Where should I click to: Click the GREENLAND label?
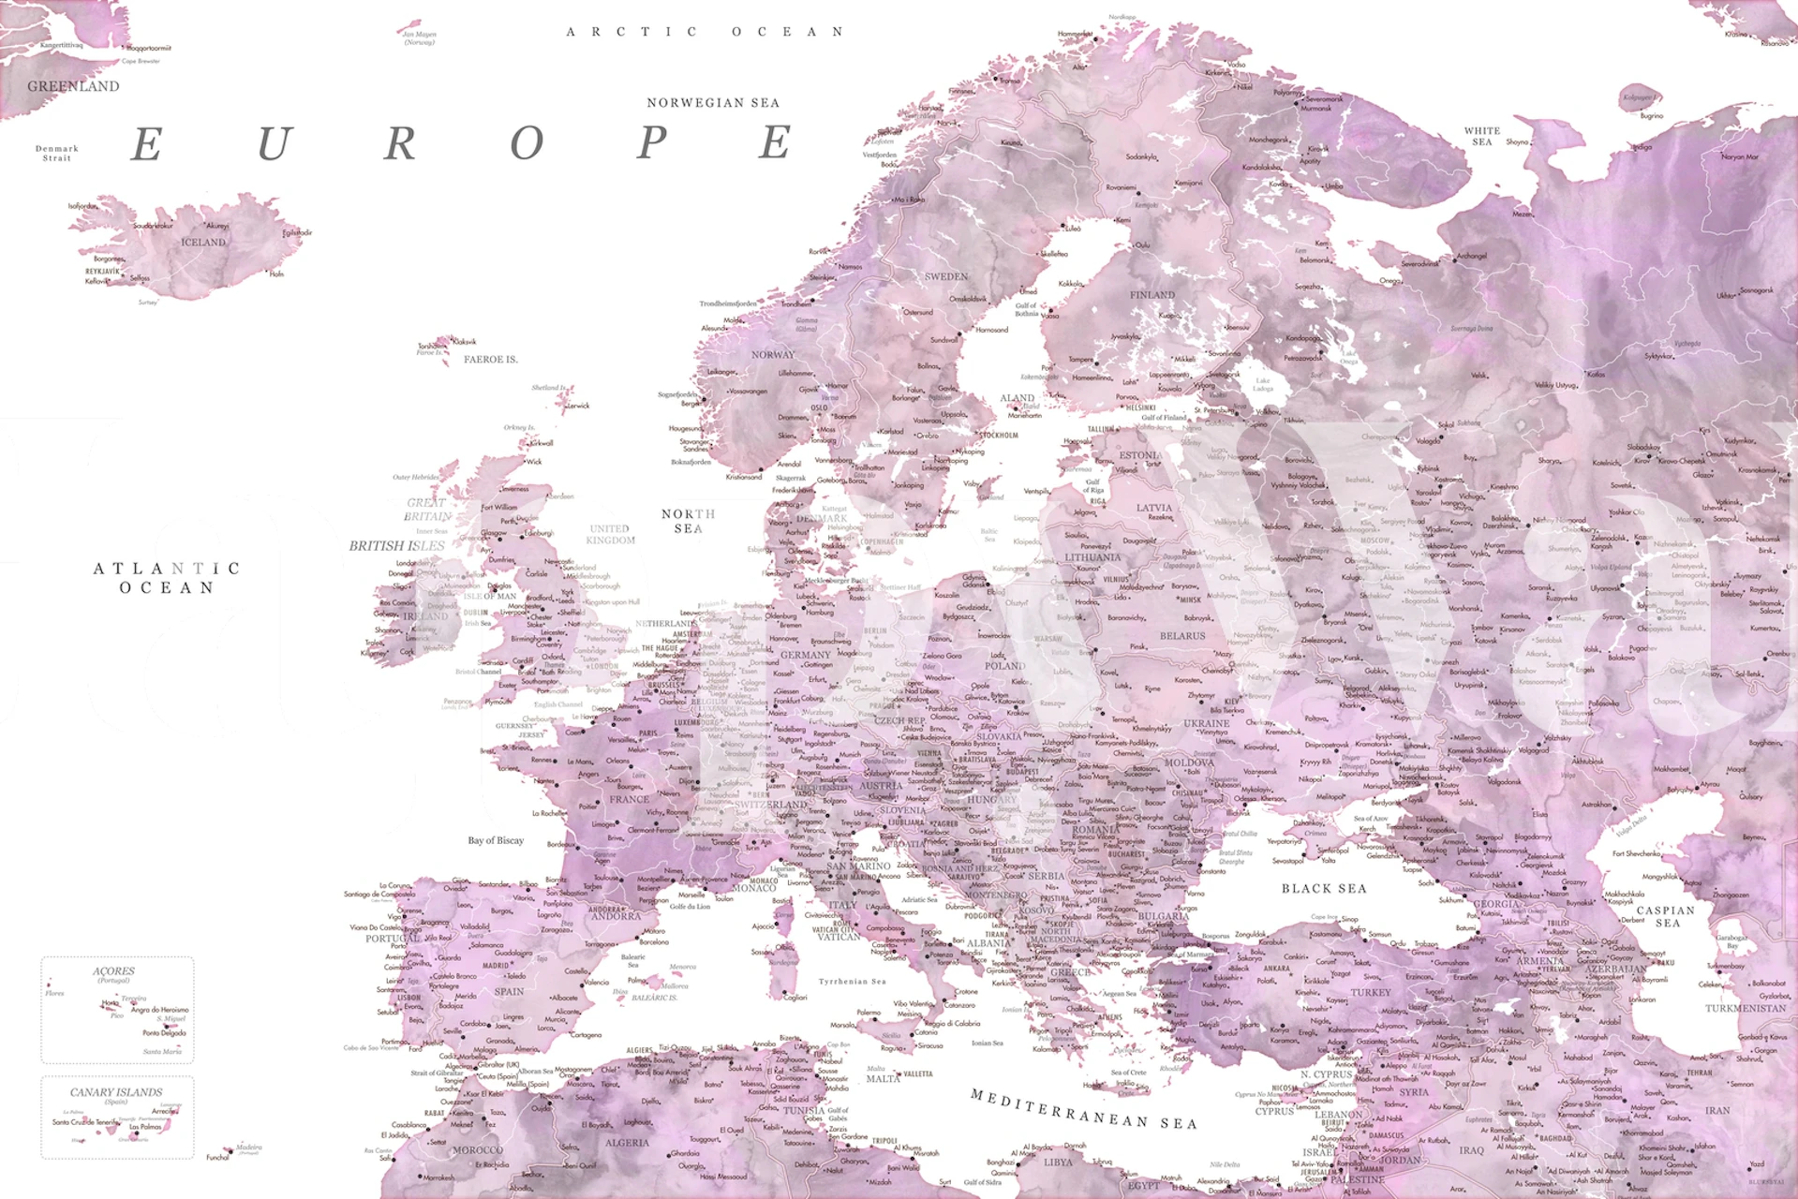point(73,86)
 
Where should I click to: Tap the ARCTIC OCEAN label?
point(706,32)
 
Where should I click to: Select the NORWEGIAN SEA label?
point(713,103)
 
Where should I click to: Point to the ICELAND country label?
point(203,243)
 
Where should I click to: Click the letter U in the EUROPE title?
point(274,143)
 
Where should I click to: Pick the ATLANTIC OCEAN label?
point(167,578)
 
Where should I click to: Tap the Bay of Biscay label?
point(496,840)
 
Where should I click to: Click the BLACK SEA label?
point(1324,888)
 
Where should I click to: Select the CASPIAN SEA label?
point(1666,916)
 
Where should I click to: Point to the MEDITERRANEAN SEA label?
point(1084,1109)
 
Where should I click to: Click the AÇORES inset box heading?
point(113,971)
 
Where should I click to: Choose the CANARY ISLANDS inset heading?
point(116,1092)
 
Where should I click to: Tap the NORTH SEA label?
point(689,521)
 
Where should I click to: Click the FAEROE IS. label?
point(490,360)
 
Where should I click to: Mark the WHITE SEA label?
point(1482,137)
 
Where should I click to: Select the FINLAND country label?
point(1152,295)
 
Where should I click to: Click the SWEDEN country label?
point(945,276)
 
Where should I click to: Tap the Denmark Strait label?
point(57,153)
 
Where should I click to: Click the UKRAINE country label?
point(1206,724)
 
